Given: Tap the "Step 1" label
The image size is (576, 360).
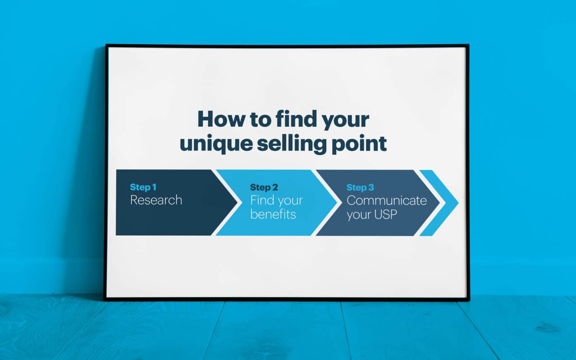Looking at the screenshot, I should [x=143, y=187].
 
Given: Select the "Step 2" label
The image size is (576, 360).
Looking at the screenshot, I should [x=264, y=188].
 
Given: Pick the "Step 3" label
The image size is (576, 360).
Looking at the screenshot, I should [x=360, y=188].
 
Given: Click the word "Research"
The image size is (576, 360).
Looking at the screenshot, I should [x=156, y=200].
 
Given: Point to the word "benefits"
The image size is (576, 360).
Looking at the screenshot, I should [x=273, y=214].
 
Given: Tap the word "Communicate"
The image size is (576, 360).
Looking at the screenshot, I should [x=386, y=201].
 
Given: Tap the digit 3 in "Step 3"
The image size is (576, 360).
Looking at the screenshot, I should [x=371, y=188].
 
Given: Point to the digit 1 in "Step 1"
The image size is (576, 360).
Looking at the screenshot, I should [x=154, y=187].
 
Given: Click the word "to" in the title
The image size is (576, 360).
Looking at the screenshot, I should [x=260, y=119].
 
